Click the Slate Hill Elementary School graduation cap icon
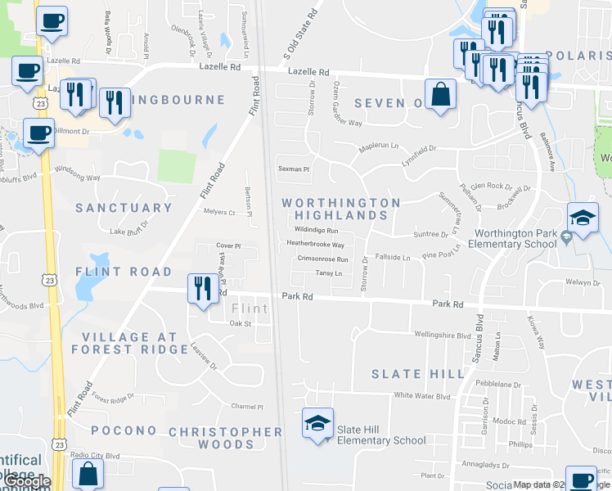(318, 424)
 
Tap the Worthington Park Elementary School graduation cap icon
(583, 218)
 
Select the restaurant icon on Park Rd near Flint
(203, 289)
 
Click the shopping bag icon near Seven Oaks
(440, 94)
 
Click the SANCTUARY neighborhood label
(124, 208)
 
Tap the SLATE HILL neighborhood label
(407, 374)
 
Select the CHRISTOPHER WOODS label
(226, 438)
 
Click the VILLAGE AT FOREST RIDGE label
(129, 343)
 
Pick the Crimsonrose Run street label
(322, 259)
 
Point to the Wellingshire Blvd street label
(443, 335)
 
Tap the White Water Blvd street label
(422, 396)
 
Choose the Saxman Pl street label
(294, 169)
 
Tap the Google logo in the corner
(26, 481)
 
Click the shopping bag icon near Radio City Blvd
(88, 474)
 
